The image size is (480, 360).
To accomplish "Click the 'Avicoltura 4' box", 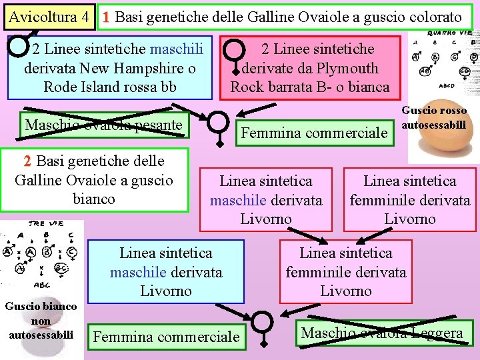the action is tap(49, 17).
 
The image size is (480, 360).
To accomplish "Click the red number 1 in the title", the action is tap(107, 17).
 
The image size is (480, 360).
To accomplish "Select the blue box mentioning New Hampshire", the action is tap(110, 68).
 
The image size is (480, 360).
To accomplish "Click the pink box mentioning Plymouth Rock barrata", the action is tap(310, 68).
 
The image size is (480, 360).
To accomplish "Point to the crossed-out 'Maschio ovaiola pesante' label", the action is tap(103, 125).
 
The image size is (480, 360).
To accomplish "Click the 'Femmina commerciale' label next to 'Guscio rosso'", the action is tap(314, 133).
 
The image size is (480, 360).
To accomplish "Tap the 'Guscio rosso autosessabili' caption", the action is tap(434, 117).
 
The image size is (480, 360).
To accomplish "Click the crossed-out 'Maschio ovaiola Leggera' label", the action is tap(382, 333).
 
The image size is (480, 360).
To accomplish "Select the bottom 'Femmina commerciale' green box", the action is tap(166, 337).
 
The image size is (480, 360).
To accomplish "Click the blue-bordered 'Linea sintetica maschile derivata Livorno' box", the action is tap(165, 271).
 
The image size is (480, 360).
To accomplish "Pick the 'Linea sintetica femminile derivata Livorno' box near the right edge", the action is tap(410, 199).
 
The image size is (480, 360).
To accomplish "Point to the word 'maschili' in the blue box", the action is tap(177, 49).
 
